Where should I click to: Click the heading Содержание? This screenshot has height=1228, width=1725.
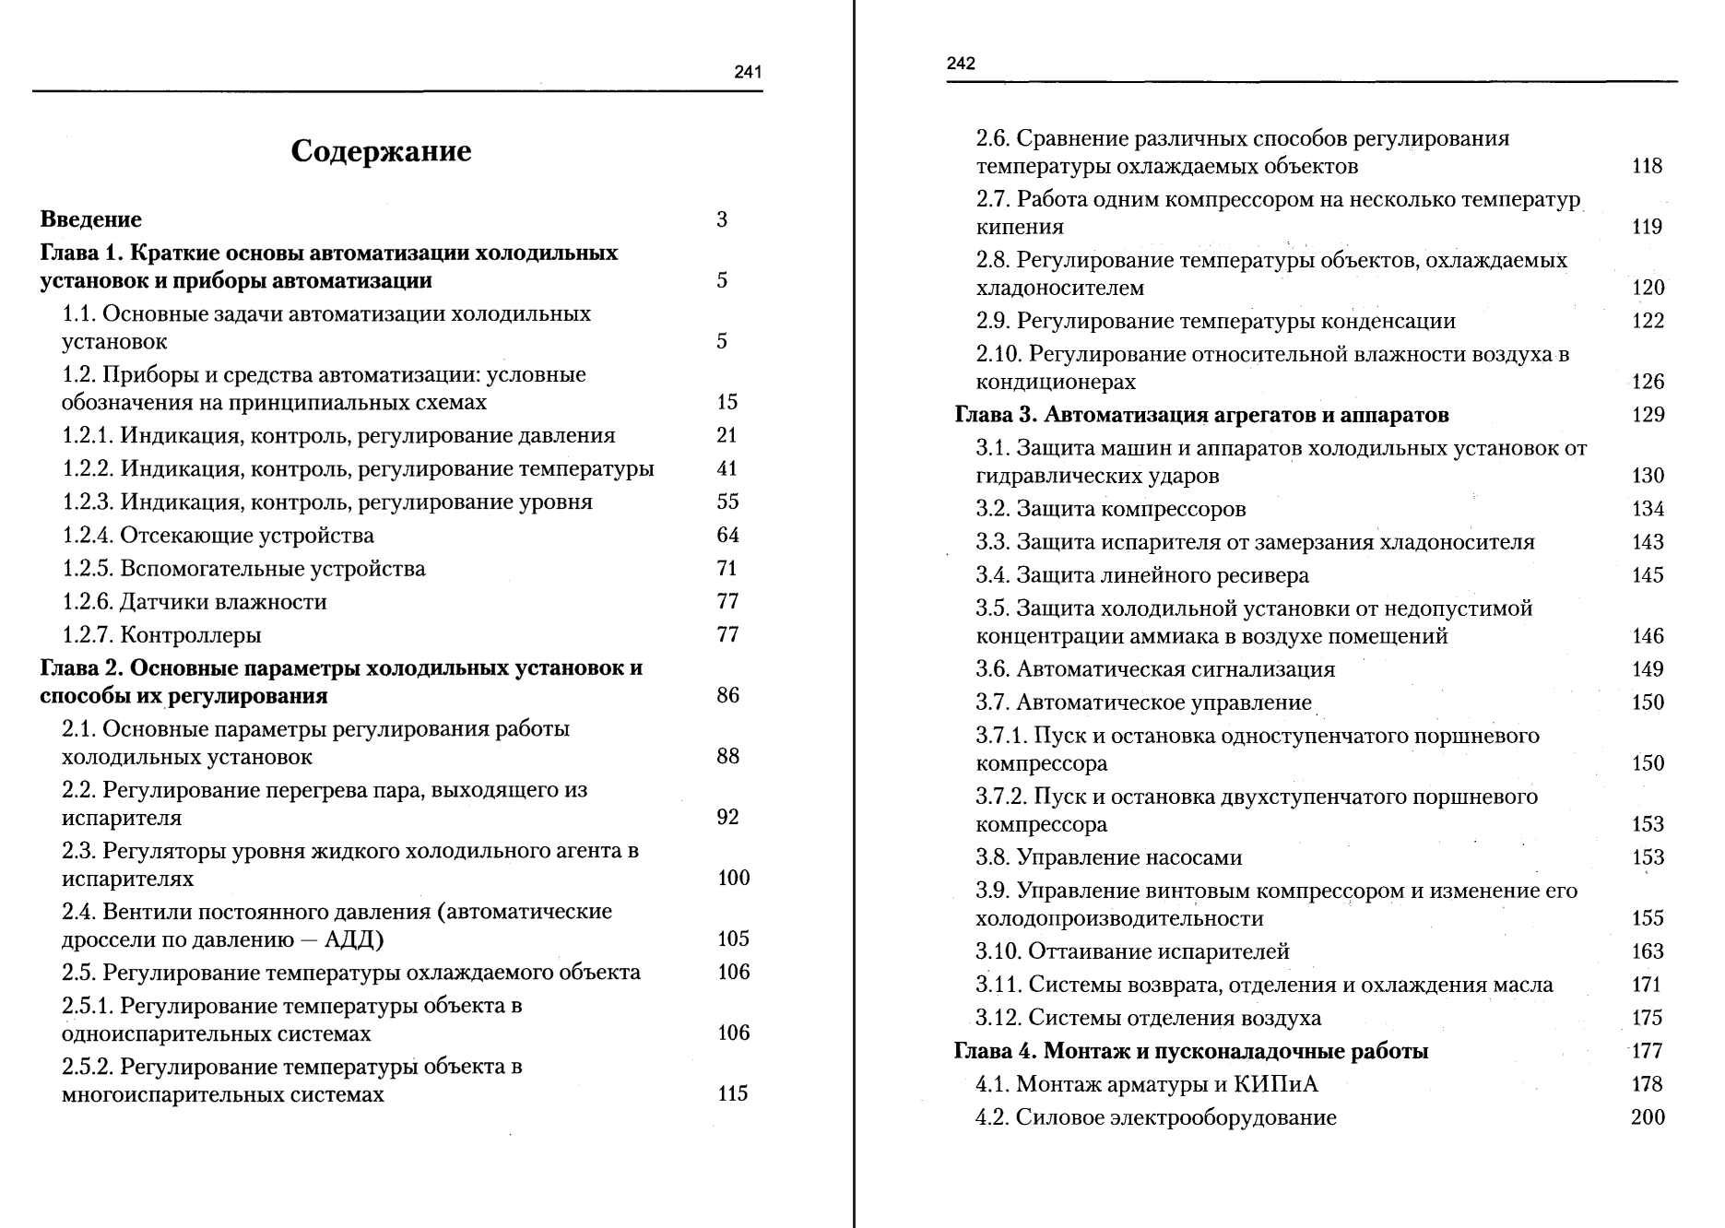381,151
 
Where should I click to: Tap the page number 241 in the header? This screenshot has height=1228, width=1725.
748,73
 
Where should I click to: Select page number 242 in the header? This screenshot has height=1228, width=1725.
961,64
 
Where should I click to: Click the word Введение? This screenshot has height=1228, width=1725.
91,219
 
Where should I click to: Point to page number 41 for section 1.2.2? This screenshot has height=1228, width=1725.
727,468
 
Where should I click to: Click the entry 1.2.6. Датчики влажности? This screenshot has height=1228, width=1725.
195,602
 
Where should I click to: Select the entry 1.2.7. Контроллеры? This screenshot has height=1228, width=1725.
161,635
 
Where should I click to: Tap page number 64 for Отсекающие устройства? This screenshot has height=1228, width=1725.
727,535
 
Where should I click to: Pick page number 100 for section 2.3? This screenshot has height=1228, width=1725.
733,878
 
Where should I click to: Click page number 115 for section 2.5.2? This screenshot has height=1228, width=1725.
733,1093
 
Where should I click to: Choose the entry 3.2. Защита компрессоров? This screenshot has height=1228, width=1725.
1111,509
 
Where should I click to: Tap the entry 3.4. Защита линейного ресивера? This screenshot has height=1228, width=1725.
1142,575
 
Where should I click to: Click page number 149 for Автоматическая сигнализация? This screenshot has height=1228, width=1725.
1648,669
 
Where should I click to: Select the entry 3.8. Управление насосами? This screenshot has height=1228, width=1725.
1109,857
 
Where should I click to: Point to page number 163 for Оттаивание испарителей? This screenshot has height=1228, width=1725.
1648,951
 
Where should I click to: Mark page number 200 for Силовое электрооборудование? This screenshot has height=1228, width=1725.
1648,1117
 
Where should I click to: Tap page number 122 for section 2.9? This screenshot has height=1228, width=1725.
1648,321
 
